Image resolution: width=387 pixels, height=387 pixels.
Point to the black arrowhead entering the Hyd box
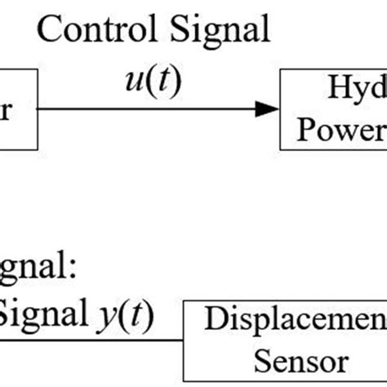(x=265, y=109)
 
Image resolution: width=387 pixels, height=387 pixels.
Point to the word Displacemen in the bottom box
(x=295, y=319)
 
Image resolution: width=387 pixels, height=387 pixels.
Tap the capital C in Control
(x=51, y=31)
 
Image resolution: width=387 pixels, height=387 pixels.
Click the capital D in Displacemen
(x=213, y=318)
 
